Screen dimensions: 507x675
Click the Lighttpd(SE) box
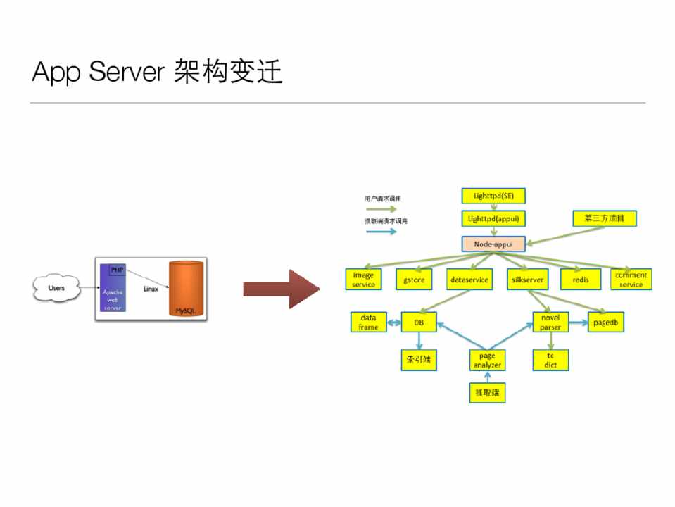[x=493, y=196]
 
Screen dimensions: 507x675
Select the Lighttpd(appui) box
[x=493, y=218]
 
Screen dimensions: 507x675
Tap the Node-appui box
[x=493, y=244]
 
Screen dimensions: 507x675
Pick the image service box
[x=363, y=280]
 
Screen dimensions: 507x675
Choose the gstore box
[x=413, y=280]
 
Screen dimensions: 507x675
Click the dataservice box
[x=469, y=280]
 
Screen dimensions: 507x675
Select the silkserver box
[x=526, y=280]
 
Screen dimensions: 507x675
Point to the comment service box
[x=631, y=280]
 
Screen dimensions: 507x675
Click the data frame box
[x=368, y=323]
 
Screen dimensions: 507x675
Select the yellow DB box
[x=419, y=323]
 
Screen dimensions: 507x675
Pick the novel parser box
[x=550, y=323]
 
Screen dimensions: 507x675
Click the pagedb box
[x=606, y=323]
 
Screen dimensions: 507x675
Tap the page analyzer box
[x=487, y=361]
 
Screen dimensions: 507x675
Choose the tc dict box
[x=550, y=361]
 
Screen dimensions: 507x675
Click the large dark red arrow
[x=280, y=289]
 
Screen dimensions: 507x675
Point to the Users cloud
[x=56, y=287]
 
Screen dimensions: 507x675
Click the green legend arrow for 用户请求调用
[x=381, y=209]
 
